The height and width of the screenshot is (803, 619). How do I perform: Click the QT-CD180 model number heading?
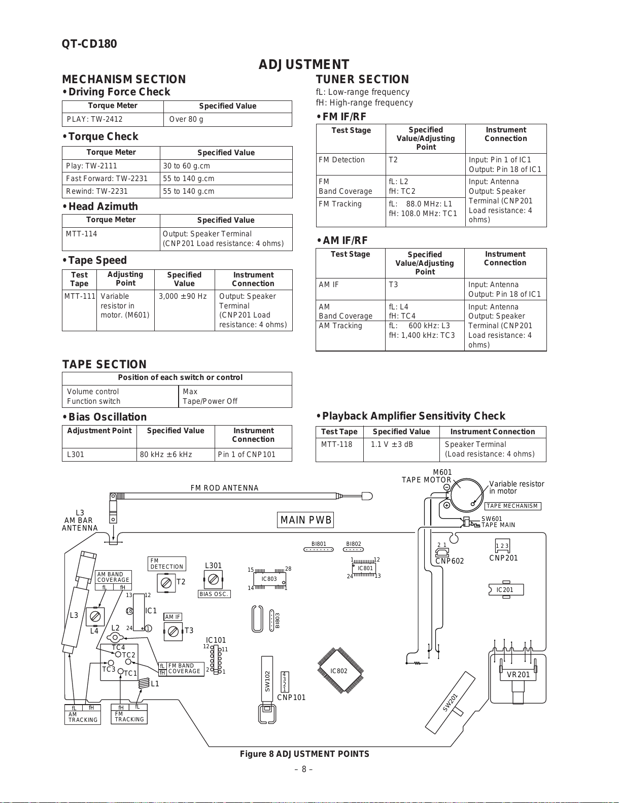coord(89,44)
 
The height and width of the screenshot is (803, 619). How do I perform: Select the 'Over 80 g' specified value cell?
coord(186,119)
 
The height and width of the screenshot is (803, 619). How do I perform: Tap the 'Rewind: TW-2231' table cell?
coord(97,191)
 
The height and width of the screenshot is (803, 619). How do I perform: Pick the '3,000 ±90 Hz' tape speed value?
coord(183,296)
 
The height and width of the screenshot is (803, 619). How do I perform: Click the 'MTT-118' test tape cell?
coord(336,444)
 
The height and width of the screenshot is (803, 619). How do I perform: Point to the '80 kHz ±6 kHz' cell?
coord(166,455)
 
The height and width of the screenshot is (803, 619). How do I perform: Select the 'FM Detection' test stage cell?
coord(341,160)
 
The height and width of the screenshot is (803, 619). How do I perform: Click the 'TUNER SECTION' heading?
coord(362,79)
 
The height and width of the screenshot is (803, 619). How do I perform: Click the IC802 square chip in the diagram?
coord(339,671)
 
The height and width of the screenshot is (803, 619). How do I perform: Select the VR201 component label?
coord(518,675)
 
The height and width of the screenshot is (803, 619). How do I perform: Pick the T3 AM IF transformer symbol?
coord(173,632)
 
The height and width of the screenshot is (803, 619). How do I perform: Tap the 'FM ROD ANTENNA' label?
coord(224,488)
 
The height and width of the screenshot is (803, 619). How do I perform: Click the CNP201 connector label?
coord(503,558)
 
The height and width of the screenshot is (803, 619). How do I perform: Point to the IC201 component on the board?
coord(505,590)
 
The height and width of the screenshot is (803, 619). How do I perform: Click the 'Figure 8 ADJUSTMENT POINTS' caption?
coord(304,754)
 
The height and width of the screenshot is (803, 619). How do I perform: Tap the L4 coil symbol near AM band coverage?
coord(94,617)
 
